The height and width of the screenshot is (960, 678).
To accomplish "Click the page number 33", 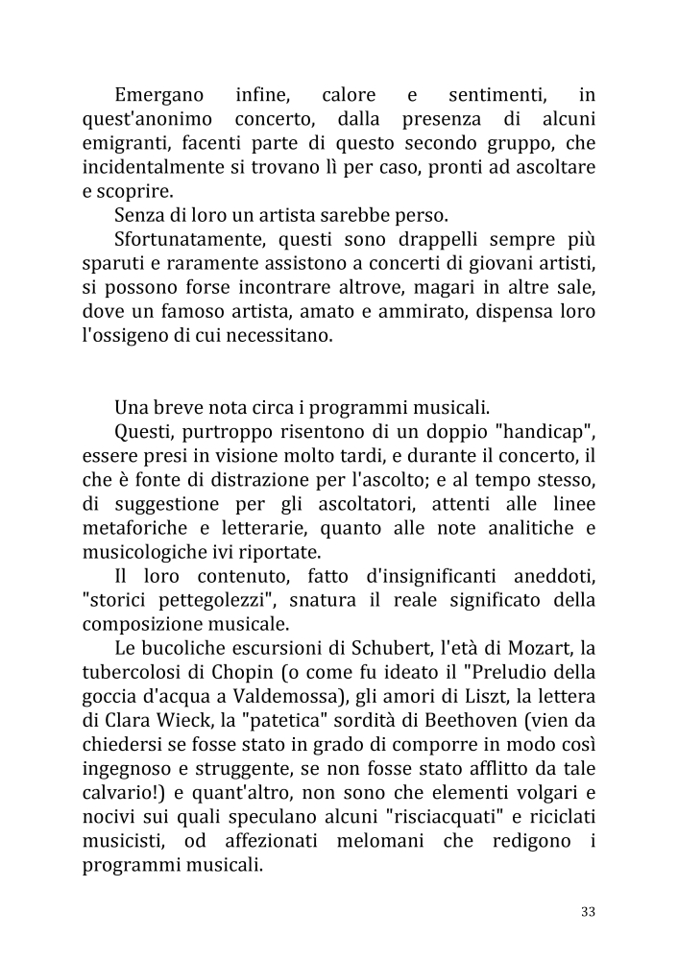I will point(588,911).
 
